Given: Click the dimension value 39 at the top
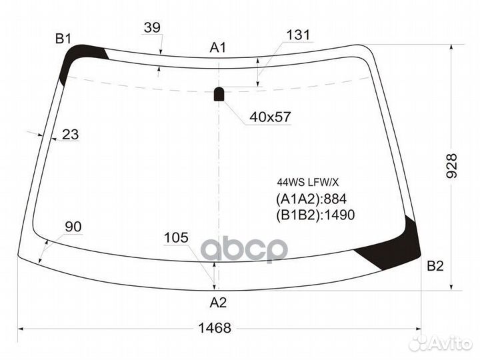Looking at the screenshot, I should click(x=152, y=27).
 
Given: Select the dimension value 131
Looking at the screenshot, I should click(x=299, y=36).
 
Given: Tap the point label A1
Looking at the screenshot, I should click(x=219, y=47).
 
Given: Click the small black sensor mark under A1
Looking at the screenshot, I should click(x=219, y=94).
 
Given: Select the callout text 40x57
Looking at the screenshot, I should click(x=270, y=117).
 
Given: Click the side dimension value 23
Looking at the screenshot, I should click(x=70, y=135).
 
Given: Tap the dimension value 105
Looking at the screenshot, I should click(x=176, y=237).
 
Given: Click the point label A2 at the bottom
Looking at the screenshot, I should click(x=219, y=303).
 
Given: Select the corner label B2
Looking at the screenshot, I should click(x=435, y=267).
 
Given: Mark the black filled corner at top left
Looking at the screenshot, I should click(x=77, y=59).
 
